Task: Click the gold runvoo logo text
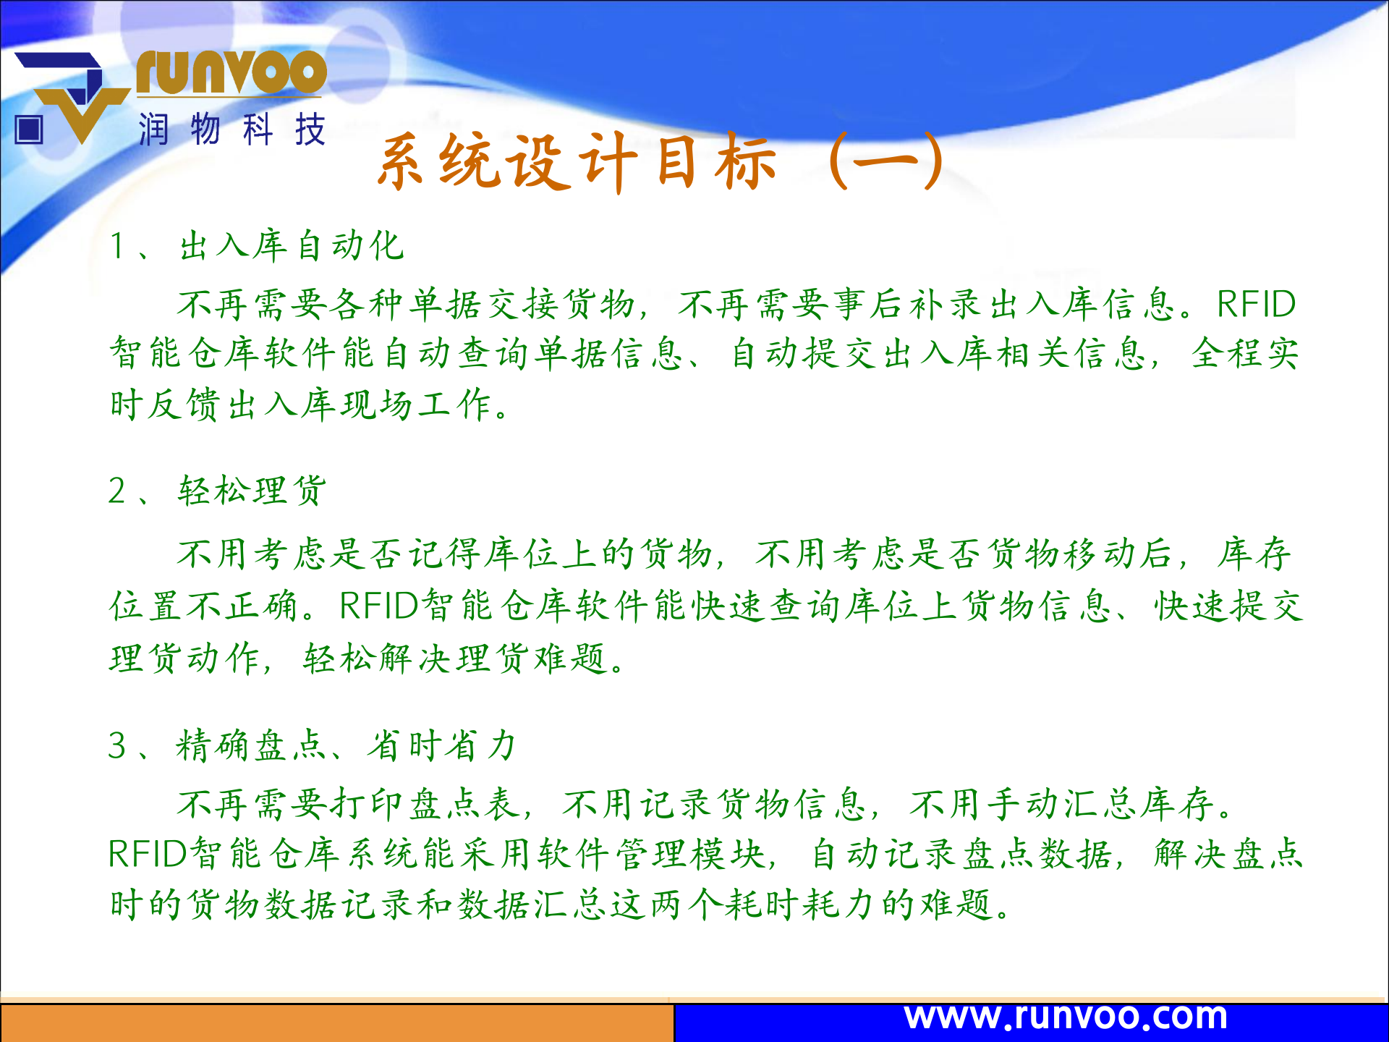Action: pos(231,72)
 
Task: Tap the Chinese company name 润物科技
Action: pos(232,130)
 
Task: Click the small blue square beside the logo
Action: pos(29,130)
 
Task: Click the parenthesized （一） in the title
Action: pos(886,161)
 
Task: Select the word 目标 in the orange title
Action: pos(716,162)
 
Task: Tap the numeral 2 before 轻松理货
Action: pos(117,491)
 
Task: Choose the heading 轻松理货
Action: pos(252,491)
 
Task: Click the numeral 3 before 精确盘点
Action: pos(117,745)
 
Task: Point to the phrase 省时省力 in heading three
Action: pos(442,745)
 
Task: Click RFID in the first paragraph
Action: pos(1256,304)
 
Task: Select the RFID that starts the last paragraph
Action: pos(148,854)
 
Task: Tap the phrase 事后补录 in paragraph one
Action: pos(909,304)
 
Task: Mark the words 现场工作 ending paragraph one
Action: pos(416,404)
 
